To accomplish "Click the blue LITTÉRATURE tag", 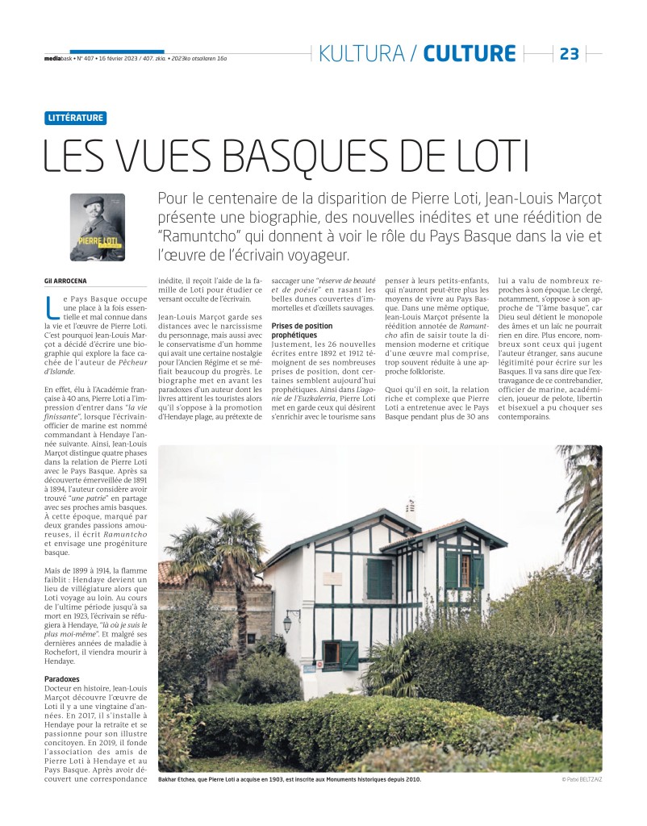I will coord(76,118).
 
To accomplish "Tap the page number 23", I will coord(569,54).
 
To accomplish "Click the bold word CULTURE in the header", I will coord(469,54).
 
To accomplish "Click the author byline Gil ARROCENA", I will coord(66,279).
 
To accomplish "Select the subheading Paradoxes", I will coord(61,678).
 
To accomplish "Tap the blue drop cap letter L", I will coord(51,306).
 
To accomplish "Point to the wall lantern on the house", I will coord(287,622).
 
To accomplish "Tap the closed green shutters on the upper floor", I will coord(378,578).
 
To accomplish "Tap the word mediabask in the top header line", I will coord(57,58).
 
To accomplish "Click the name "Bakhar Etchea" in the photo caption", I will coord(180,779).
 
